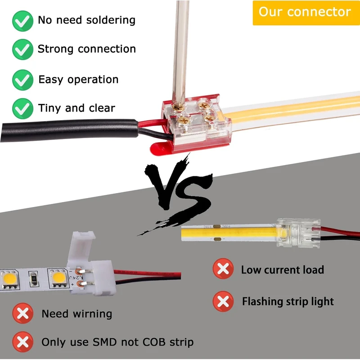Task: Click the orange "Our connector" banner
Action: pos(305,12)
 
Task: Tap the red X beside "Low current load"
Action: pos(223,270)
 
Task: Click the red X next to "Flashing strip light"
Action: pos(223,301)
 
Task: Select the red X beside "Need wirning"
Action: pos(22,314)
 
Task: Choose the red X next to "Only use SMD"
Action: pos(22,342)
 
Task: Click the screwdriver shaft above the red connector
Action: pos(182,45)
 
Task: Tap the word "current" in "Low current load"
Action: pos(282,270)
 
